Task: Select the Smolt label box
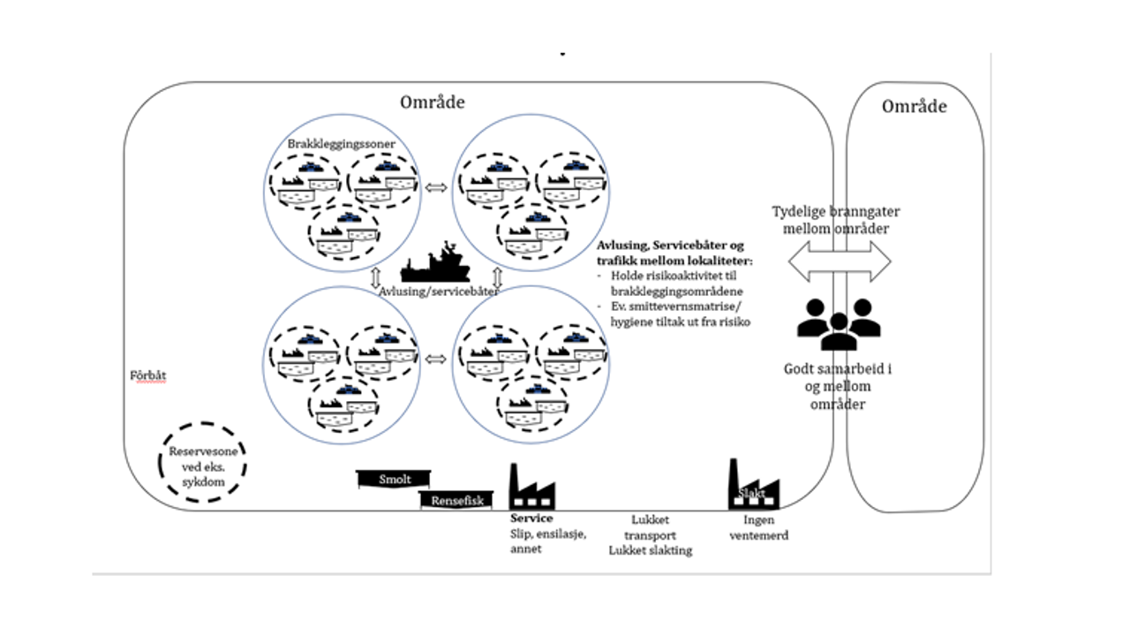pyautogui.click(x=395, y=479)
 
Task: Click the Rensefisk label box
pyautogui.click(x=457, y=500)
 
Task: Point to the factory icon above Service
pyautogui.click(x=532, y=488)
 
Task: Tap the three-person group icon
pyautogui.click(x=838, y=323)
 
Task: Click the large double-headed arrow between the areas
pyautogui.click(x=839, y=262)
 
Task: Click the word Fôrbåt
pyautogui.click(x=147, y=375)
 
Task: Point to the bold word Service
pyautogui.click(x=531, y=519)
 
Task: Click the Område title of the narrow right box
pyautogui.click(x=914, y=107)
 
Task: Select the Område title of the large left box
pyautogui.click(x=432, y=102)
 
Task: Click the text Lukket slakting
pyautogui.click(x=650, y=550)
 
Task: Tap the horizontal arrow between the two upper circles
pyautogui.click(x=434, y=187)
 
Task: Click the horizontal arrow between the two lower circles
pyautogui.click(x=434, y=359)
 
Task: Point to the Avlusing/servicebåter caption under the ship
pyautogui.click(x=438, y=291)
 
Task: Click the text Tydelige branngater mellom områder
pyautogui.click(x=836, y=220)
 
